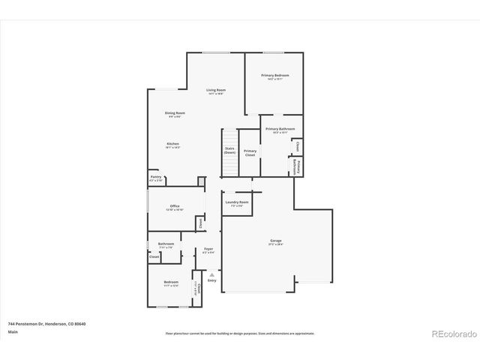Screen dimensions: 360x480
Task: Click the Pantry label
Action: pyautogui.click(x=155, y=178)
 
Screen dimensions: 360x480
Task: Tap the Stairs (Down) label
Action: pyautogui.click(x=229, y=150)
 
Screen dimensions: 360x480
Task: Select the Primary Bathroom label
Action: pyautogui.click(x=279, y=129)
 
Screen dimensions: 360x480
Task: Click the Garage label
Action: pyautogui.click(x=276, y=241)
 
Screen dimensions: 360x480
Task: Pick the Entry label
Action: pyautogui.click(x=212, y=280)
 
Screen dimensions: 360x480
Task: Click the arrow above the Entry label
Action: pyautogui.click(x=212, y=274)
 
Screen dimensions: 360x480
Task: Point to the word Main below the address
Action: pyautogui.click(x=13, y=331)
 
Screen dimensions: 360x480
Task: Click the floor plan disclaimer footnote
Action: pyautogui.click(x=239, y=333)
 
